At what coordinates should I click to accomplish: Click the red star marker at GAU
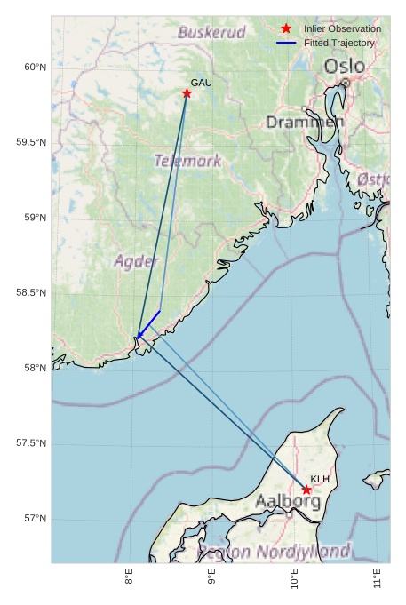click(x=187, y=93)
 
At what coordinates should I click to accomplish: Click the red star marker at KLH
click(x=306, y=490)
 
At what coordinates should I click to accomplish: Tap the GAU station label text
click(x=202, y=83)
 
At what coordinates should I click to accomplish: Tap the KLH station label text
click(x=320, y=479)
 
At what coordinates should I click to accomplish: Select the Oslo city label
click(x=344, y=67)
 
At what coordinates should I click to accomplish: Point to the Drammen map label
click(x=305, y=122)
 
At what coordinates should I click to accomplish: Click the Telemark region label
click(x=187, y=161)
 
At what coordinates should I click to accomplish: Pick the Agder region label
click(x=136, y=261)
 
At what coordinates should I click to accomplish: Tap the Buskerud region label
click(x=211, y=32)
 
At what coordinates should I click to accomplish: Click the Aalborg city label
click(x=288, y=501)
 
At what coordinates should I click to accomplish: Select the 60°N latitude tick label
click(x=34, y=68)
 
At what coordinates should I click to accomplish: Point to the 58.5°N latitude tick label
click(x=30, y=293)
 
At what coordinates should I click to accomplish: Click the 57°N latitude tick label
click(x=34, y=519)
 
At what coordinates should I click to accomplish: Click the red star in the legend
click(x=286, y=29)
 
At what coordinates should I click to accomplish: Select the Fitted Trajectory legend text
click(x=338, y=43)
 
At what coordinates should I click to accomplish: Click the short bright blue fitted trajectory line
click(x=150, y=322)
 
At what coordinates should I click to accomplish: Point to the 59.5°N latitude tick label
click(x=30, y=143)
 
